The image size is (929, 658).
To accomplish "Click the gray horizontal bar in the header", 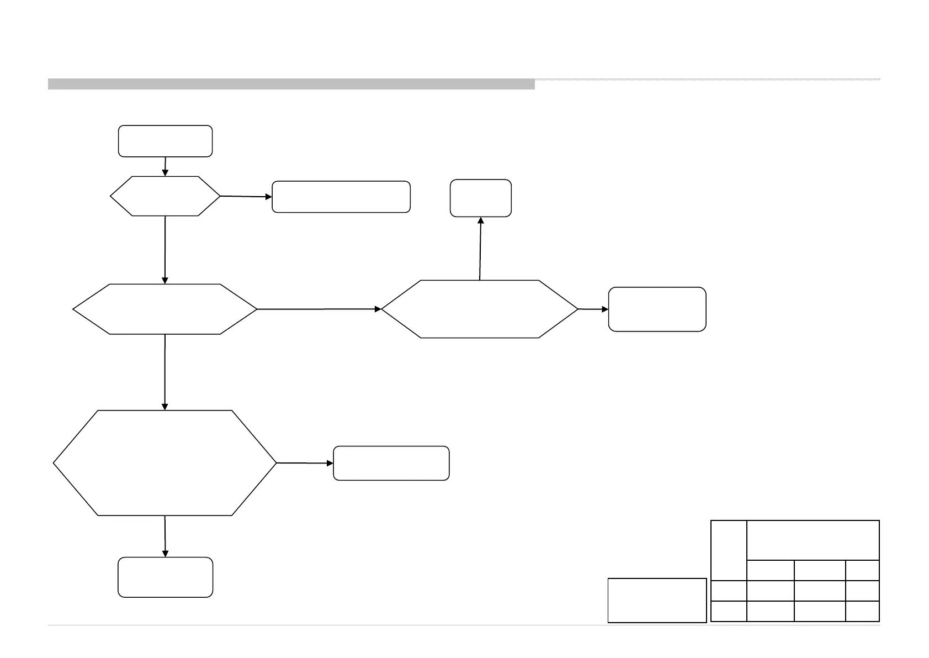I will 291,84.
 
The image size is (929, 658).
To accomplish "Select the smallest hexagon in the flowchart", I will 165,196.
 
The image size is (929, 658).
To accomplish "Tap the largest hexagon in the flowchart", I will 165,463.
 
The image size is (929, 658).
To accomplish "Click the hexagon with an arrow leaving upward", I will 480,309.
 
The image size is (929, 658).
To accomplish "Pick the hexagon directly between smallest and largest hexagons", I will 165,309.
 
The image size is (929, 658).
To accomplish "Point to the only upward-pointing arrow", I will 480,249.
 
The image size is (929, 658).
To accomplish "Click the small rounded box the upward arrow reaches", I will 480,198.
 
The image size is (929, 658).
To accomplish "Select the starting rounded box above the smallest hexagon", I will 165,141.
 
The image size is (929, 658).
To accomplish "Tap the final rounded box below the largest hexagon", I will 165,577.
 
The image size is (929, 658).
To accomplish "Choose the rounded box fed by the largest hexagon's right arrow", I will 391,463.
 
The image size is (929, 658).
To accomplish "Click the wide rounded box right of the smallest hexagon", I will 341,197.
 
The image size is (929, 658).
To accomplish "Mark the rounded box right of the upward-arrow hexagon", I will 657,309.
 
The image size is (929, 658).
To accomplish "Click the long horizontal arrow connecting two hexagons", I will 319,309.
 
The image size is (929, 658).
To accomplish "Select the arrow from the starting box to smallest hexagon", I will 165,166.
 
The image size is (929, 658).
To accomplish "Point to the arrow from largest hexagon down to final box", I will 165,536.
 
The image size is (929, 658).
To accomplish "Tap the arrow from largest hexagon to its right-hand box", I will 305,463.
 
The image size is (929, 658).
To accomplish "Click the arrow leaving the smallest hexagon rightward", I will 246,196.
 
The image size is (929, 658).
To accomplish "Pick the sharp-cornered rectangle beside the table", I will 657,600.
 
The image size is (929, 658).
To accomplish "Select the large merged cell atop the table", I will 813,540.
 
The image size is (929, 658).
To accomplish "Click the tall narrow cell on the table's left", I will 729,550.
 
